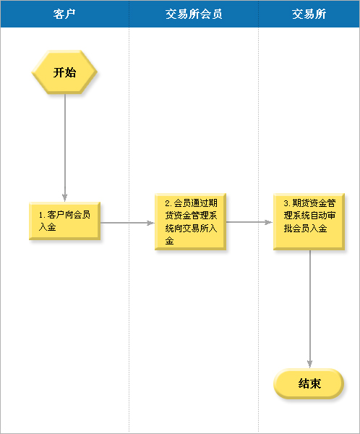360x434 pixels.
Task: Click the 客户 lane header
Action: coord(64,14)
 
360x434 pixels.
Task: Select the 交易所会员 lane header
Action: coord(194,14)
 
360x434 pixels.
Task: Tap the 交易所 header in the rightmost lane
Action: coord(309,14)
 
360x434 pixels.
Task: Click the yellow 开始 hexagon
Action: coord(64,72)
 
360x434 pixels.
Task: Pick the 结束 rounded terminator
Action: coord(309,383)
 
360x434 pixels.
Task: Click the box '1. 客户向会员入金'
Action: coord(64,221)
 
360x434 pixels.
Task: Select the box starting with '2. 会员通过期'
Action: coord(190,222)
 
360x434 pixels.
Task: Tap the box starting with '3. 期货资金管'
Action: coord(309,222)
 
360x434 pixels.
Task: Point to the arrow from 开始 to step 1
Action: coord(65,148)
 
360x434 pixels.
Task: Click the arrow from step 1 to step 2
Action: coord(127,223)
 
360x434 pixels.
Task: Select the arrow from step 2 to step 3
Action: coord(249,222)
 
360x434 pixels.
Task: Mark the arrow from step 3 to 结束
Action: coord(310,309)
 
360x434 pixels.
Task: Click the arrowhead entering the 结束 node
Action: coord(310,365)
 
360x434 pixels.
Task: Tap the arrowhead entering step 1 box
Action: coord(65,198)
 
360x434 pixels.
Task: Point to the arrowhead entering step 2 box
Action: coord(151,223)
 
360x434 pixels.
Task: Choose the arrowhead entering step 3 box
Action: coord(269,222)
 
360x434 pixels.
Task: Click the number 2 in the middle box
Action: coord(167,203)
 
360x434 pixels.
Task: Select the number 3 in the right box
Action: coord(286,203)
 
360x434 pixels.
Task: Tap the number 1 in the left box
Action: coord(40,215)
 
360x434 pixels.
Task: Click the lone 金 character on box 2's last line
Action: coord(169,241)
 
